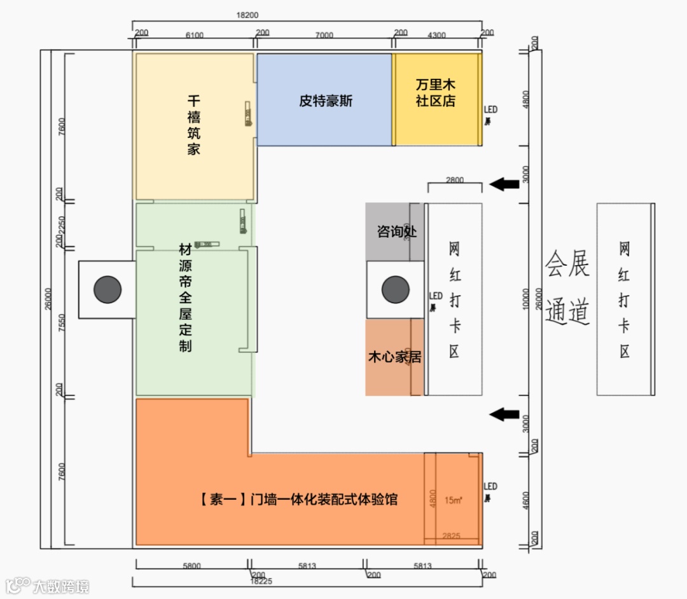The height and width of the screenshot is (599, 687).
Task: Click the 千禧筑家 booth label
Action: coord(194,125)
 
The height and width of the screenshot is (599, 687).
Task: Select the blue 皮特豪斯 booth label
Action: coord(326,100)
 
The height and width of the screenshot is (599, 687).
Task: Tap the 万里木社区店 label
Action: coord(436,93)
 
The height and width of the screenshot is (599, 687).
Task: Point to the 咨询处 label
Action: coord(396,231)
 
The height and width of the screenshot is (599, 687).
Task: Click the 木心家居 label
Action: coord(394,357)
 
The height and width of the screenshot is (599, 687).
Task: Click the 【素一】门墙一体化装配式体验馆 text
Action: coord(299,499)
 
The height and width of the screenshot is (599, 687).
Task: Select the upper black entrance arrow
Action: coord(504,184)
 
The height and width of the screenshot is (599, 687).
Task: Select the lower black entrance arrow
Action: coord(504,415)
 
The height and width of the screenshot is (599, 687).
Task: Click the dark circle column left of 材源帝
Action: coord(108,289)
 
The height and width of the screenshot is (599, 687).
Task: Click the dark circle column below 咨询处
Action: coord(395,289)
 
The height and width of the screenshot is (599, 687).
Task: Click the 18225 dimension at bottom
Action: coord(261,581)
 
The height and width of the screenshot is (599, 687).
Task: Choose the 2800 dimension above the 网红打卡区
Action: coord(455,181)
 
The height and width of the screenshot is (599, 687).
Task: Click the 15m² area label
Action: coord(453,500)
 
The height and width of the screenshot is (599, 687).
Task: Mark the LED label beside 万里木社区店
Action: coord(490,110)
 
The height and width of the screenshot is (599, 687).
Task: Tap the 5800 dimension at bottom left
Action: coord(190,566)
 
